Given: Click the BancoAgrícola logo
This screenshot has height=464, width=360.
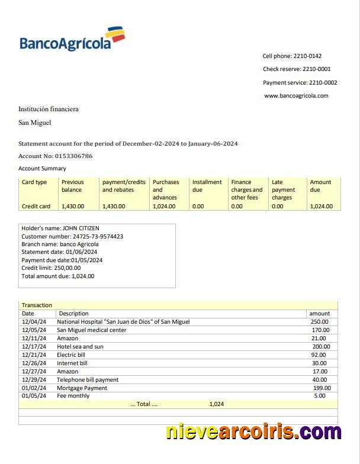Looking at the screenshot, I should coord(73,39).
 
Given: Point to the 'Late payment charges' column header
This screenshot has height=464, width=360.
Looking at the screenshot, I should coord(283,190).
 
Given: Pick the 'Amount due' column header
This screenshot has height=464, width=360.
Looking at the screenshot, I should coord(320,186).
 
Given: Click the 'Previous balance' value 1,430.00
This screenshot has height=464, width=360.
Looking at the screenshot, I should coord(73,207).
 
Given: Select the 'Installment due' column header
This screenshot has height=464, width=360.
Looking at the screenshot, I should coord(207,186).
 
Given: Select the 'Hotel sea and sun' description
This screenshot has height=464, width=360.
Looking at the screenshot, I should coord(80,347).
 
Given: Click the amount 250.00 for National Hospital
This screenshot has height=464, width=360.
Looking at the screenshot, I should coord(320,322).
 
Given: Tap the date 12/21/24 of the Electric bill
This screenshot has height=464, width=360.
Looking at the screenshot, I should coord(33,355).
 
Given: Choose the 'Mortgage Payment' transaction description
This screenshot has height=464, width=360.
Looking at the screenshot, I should coord(82,388).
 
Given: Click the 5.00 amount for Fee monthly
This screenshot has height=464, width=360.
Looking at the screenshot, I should coord(320,396).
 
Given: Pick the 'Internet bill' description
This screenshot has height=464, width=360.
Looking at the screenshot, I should coord(72,363).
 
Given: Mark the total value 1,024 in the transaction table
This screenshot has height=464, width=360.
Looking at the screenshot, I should coord(216,404).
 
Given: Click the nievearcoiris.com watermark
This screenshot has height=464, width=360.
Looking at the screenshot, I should coord(253,432).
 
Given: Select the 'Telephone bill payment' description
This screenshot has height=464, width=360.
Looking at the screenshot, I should coord(88,380).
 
